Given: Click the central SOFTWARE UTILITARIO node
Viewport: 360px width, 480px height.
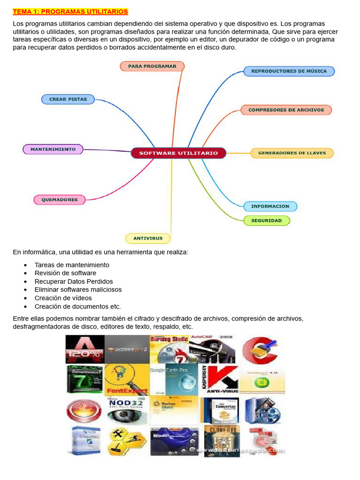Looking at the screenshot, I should (179, 153).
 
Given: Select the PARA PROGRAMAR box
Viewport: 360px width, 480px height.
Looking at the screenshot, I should (152, 66).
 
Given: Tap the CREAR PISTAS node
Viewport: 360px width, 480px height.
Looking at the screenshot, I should (68, 99).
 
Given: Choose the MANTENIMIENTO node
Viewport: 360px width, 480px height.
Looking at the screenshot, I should (53, 149).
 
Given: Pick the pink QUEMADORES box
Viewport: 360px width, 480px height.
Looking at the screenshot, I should (60, 199).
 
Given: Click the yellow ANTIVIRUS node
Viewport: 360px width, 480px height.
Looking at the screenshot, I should (148, 238).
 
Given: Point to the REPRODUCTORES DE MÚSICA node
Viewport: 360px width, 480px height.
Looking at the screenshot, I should (289, 71).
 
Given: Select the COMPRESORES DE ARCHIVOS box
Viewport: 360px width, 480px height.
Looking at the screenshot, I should (286, 110).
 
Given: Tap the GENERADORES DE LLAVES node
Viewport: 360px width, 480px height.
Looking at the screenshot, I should (292, 153).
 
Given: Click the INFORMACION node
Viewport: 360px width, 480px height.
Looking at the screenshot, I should (270, 206).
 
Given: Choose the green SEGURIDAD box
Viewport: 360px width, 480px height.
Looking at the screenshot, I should (267, 220).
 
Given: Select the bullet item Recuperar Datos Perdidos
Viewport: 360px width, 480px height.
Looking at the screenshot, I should (74, 281).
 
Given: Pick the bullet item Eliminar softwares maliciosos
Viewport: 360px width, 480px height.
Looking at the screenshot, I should (78, 290).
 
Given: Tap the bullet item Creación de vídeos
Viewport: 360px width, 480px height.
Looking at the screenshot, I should (63, 298).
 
